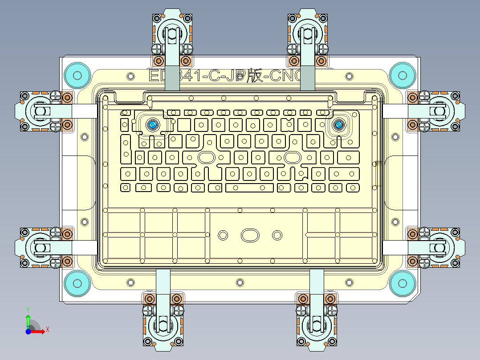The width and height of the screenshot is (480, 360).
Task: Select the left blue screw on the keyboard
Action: [153, 125]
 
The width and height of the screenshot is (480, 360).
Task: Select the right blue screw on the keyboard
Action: [339, 125]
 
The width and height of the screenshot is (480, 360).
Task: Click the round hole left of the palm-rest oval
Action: [223, 234]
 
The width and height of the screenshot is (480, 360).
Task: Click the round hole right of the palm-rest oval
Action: [277, 234]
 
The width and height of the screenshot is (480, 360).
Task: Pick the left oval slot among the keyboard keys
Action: [206, 157]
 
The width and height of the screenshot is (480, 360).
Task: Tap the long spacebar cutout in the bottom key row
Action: [249, 187]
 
